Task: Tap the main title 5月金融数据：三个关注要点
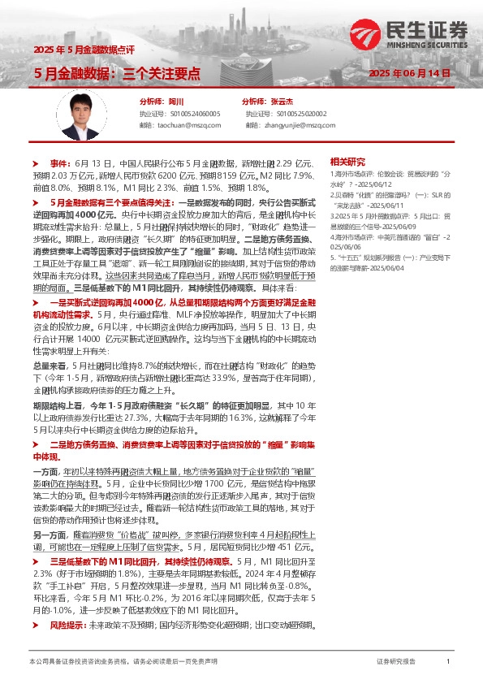click(x=116, y=73)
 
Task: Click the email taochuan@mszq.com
click(x=187, y=125)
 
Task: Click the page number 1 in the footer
click(x=448, y=662)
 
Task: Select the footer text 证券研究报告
click(x=396, y=662)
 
